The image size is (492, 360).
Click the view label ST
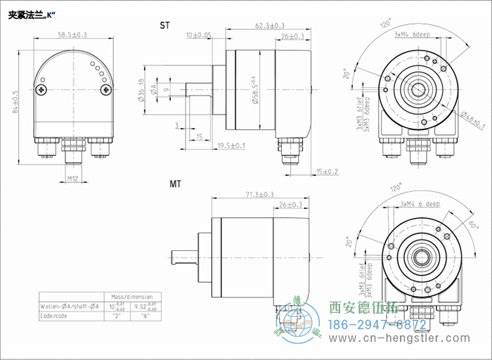point(164,26)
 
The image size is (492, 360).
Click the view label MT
point(176,184)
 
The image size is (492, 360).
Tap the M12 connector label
point(72,179)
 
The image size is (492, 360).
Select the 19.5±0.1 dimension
point(231,146)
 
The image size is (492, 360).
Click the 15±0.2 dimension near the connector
point(328,172)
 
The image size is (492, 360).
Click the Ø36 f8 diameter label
point(143,90)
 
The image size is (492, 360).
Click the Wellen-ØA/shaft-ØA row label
point(69,307)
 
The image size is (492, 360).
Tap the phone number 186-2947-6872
point(378,324)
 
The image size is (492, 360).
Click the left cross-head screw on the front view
point(44,89)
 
